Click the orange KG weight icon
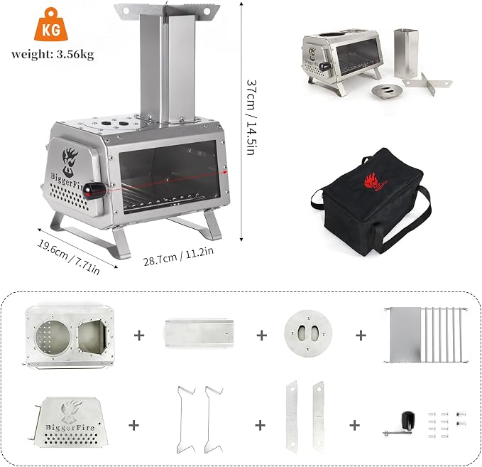click(x=51, y=25)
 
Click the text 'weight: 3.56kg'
click(x=53, y=54)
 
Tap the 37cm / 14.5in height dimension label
click(x=251, y=117)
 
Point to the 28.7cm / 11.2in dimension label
click(x=178, y=256)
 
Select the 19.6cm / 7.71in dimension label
click(x=69, y=257)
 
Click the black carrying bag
click(x=371, y=202)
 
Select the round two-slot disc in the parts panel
click(x=308, y=333)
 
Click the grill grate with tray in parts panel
click(x=426, y=335)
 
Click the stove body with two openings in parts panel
click(x=70, y=336)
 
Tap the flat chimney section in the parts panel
click(x=199, y=333)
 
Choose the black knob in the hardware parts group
click(x=408, y=419)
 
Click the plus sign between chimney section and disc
click(x=262, y=336)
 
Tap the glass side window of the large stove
click(x=170, y=178)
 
